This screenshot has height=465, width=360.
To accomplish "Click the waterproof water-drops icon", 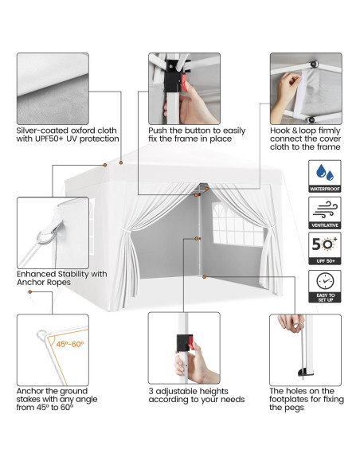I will click(324, 174).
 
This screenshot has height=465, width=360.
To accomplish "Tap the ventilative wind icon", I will click(324, 211).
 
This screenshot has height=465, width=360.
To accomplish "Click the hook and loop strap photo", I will click(305, 88).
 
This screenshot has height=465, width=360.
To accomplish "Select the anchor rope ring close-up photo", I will click(52, 232).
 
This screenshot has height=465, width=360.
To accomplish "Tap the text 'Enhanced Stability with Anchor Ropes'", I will click(61, 279).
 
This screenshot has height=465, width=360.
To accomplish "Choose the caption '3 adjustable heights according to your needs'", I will click(196, 395).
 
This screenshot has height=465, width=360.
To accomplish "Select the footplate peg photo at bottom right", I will click(305, 349).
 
